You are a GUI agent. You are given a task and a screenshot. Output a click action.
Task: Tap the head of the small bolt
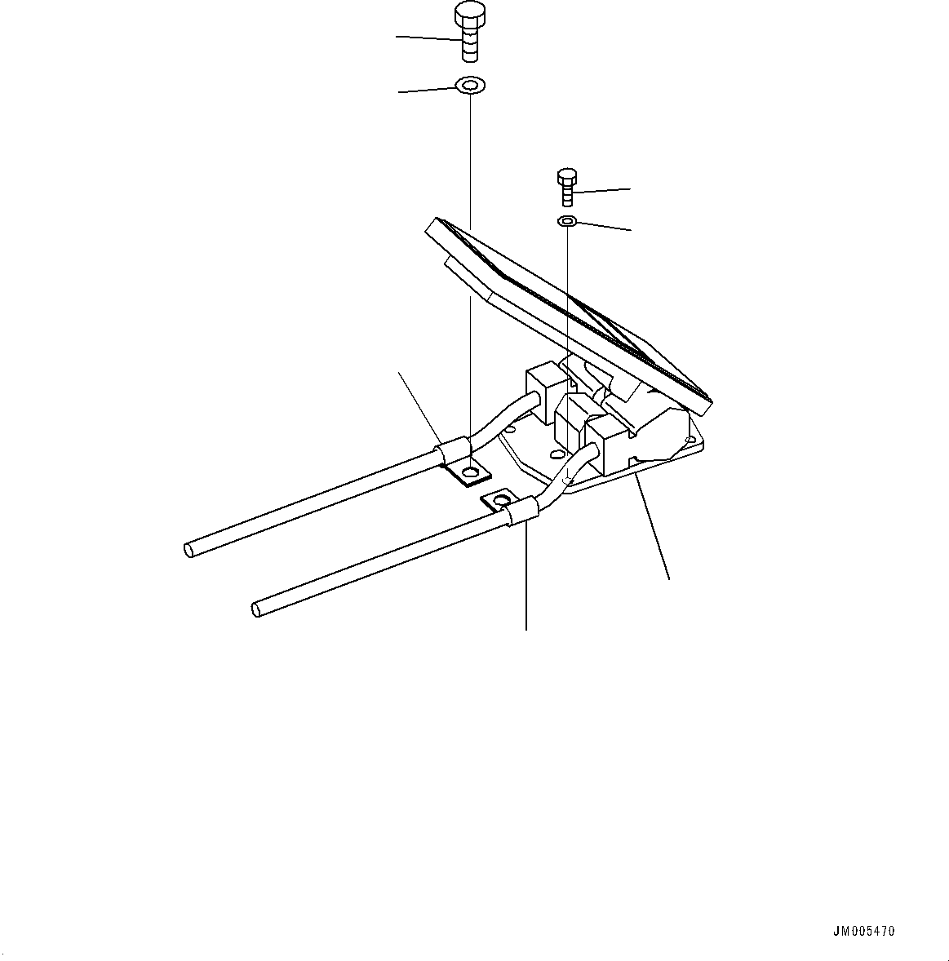click(567, 177)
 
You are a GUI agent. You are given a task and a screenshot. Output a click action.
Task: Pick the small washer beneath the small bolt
click(567, 221)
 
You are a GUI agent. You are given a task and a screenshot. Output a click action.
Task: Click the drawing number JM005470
click(863, 931)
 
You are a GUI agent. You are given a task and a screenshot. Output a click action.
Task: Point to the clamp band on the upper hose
click(454, 449)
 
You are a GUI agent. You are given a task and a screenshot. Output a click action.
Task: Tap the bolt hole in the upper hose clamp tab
click(471, 472)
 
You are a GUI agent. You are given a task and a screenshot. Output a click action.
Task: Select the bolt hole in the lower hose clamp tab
click(501, 499)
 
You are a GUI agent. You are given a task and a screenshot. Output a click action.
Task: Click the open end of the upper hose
click(188, 551)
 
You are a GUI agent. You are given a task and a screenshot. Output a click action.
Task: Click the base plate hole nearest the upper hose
click(510, 427)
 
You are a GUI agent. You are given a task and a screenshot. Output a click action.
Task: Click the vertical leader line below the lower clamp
click(525, 579)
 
